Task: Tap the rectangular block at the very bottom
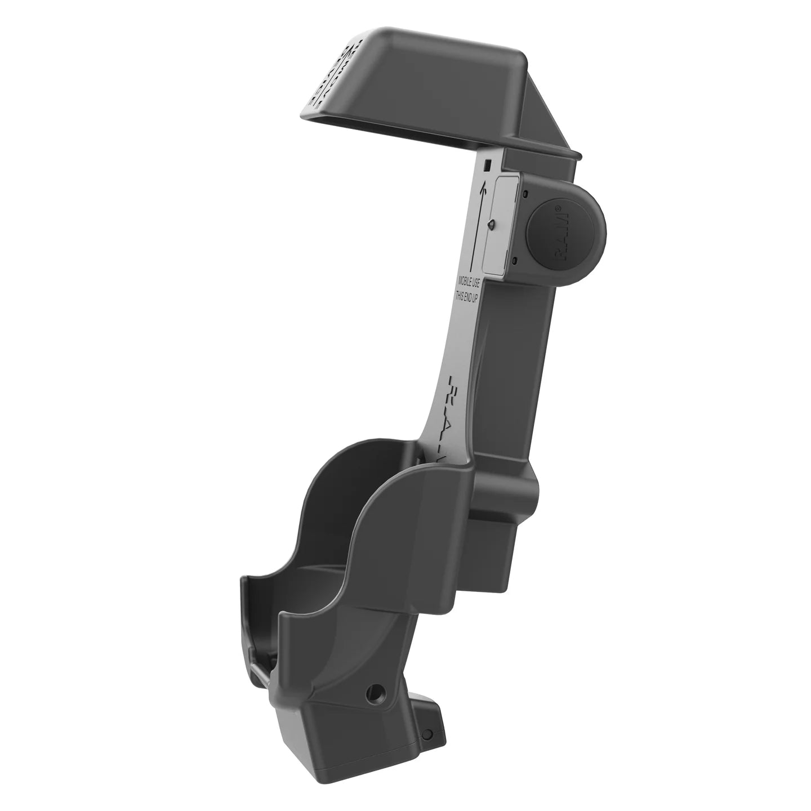(x=360, y=749)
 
